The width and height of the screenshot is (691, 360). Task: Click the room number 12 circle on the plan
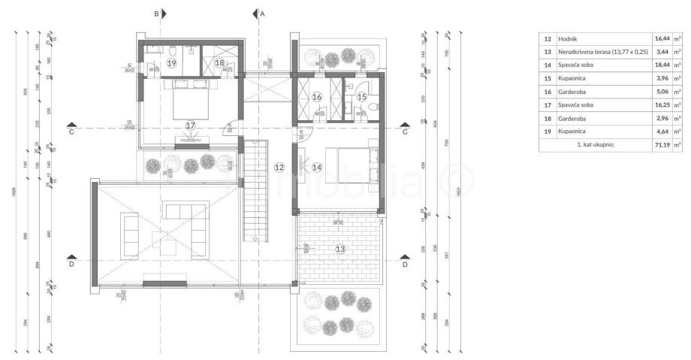point(279,167)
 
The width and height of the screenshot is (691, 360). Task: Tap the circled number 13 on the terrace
point(340,248)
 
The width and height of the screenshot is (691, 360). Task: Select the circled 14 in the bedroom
point(317,167)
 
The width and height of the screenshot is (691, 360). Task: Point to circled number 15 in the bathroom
point(361,97)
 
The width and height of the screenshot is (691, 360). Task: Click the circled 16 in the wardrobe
point(317,97)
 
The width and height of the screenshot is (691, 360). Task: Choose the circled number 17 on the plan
point(190,125)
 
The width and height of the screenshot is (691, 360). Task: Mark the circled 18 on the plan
point(220,64)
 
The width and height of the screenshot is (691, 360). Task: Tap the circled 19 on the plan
point(172,63)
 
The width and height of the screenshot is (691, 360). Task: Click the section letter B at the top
point(156,14)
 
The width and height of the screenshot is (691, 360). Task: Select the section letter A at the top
point(262,14)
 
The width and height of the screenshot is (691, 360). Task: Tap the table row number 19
point(548,132)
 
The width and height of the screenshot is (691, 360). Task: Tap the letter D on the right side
point(405,265)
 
